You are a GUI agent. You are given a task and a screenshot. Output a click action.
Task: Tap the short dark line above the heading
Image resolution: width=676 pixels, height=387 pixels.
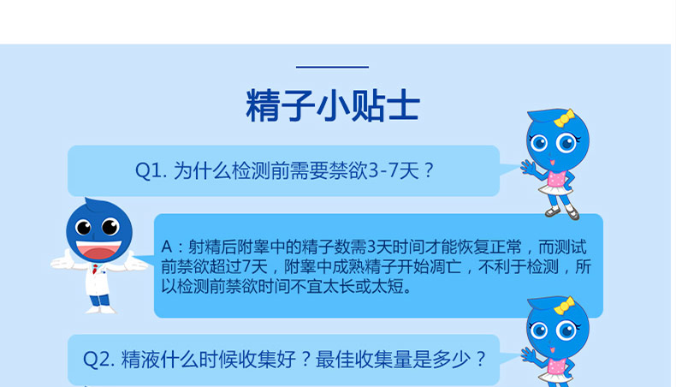(x=332, y=67)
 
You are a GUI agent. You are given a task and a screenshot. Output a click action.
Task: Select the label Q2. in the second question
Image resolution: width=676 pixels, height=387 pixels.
(x=98, y=358)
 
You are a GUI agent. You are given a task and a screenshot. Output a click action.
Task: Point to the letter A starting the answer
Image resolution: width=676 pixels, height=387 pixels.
(x=167, y=247)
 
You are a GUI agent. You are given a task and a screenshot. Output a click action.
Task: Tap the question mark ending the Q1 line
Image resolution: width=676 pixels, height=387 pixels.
(x=430, y=170)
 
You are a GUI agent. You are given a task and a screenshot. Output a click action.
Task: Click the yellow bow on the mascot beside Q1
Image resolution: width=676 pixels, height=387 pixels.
(x=564, y=118)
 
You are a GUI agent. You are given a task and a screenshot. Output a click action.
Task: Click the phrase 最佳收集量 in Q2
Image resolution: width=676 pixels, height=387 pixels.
(x=359, y=358)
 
